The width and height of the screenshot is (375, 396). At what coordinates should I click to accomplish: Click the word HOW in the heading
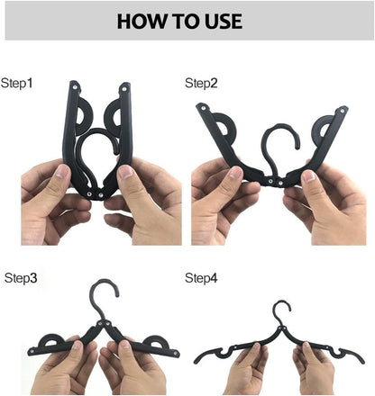coord(141,22)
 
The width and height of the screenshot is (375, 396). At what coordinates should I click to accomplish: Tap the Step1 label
coord(17,84)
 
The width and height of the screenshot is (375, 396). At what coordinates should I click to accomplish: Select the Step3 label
coord(21,279)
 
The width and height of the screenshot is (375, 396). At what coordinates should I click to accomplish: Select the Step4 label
coord(202,279)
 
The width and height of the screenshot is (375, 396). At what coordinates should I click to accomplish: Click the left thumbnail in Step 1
coord(62,173)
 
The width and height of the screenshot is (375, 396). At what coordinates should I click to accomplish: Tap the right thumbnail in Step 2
coord(311,175)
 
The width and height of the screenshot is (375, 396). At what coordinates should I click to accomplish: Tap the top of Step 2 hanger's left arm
coord(204,110)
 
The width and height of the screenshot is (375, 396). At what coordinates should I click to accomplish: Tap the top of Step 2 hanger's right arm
coord(343,112)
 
